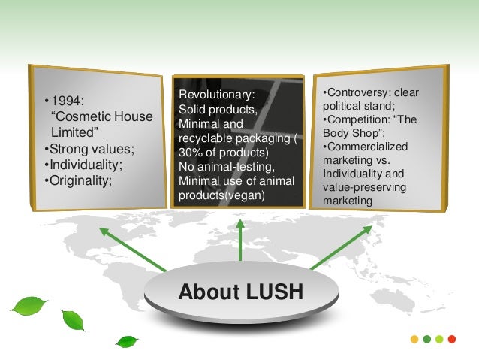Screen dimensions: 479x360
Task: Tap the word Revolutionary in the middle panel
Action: point(217,95)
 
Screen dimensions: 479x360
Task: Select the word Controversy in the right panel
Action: point(354,93)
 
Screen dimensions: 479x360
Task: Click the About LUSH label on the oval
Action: point(240,292)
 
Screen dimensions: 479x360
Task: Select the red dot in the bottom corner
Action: point(450,340)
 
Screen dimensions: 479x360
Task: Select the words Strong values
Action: point(83,148)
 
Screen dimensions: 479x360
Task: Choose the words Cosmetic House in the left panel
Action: point(101,117)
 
